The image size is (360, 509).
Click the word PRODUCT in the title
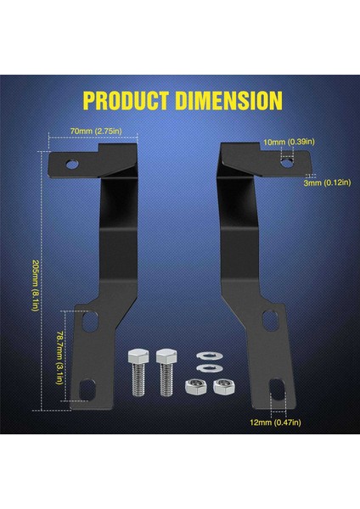coord(126,100)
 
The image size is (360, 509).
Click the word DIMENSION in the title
coord(228,100)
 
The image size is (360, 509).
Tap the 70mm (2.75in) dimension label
coord(96,131)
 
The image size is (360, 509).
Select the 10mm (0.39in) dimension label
coord(289,142)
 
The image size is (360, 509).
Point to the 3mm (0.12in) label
coord(327,182)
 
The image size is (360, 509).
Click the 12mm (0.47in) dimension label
coord(276,422)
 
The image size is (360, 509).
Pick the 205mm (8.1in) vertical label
coord(36,286)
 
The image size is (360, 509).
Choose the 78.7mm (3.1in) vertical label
coord(59,358)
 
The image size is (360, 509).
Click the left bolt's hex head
coord(138,356)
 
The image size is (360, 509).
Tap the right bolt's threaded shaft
coord(166,380)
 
